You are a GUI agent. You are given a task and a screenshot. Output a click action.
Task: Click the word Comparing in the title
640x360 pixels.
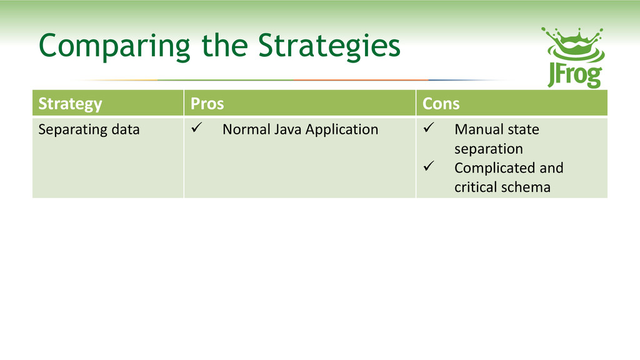(114, 46)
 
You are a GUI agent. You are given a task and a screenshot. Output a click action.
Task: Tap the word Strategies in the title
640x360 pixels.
(329, 46)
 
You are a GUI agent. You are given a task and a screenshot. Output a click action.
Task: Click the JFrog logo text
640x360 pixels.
(575, 75)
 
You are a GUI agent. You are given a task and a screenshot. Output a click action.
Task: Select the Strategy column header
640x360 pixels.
(70, 104)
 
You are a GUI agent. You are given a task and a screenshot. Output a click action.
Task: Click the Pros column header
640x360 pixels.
(207, 104)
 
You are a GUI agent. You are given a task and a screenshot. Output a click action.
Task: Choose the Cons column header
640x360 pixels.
(441, 104)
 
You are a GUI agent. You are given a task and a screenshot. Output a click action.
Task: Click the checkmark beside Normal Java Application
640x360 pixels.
(197, 127)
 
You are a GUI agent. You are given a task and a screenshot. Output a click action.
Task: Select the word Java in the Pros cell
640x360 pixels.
(287, 129)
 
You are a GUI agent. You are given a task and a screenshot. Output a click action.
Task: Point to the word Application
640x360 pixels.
(342, 130)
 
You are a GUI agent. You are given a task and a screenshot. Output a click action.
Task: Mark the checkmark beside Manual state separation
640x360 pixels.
(429, 127)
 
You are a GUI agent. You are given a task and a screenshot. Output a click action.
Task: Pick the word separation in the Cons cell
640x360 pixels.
(489, 149)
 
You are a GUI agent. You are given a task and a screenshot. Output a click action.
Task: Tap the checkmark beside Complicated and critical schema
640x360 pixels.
(429, 166)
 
